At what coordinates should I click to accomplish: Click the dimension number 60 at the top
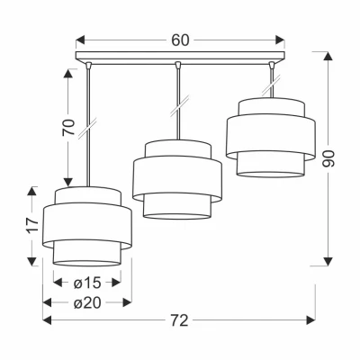pos(180,40)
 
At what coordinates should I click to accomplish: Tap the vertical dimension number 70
pos(68,127)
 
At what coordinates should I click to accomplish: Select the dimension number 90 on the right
pos(328,158)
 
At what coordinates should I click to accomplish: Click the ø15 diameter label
pos(87,283)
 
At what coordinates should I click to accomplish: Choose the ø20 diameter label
pos(87,303)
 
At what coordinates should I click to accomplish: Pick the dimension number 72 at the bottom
pos(179,320)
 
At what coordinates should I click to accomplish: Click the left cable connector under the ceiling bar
pos(88,65)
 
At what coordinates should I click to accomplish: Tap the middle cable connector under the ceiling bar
pos(178,65)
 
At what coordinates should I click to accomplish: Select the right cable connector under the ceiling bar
pos(272,65)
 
